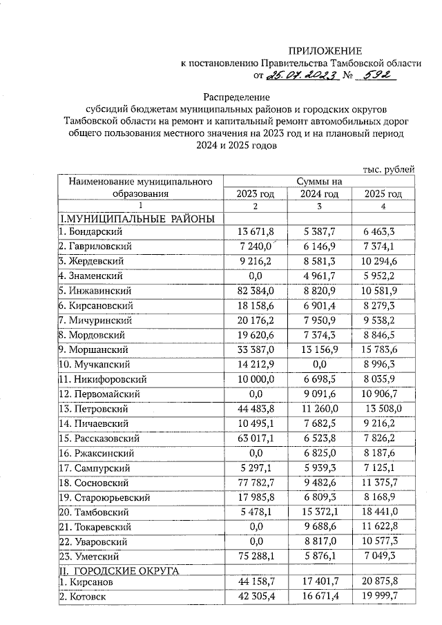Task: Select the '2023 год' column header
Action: tap(256, 194)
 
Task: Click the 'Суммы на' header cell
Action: tap(319, 181)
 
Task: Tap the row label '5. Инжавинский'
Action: tap(93, 290)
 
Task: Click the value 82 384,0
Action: tap(256, 290)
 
